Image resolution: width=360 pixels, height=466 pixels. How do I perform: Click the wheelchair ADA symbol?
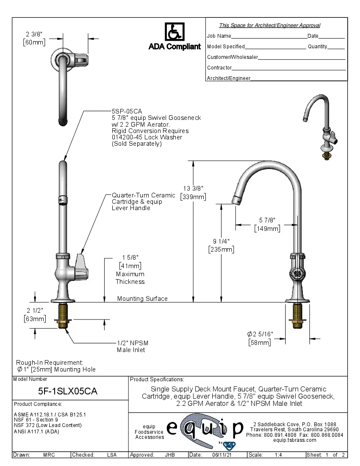tap(174, 32)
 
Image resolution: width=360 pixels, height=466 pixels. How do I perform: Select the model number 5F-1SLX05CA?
tap(68, 391)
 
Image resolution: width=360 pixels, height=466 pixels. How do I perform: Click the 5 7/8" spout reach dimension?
tap(267, 220)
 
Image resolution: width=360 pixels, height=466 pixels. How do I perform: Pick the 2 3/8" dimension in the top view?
tap(34, 34)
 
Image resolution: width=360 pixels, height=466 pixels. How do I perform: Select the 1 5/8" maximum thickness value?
tap(130, 258)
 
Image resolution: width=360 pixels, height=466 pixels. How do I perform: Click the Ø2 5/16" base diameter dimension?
tap(260, 334)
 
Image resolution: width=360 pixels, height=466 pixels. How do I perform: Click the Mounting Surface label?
tap(142, 299)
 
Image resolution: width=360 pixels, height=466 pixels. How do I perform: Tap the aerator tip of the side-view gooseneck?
tap(237, 200)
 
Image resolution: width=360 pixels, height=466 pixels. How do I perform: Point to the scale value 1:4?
tap(278, 455)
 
